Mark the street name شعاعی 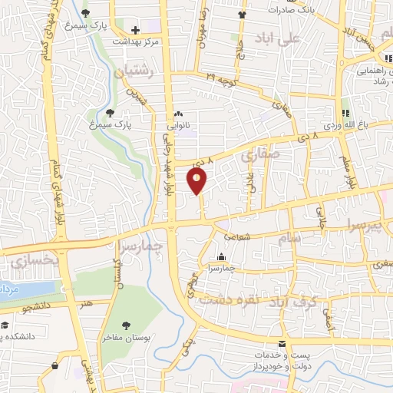coord(237,238)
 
